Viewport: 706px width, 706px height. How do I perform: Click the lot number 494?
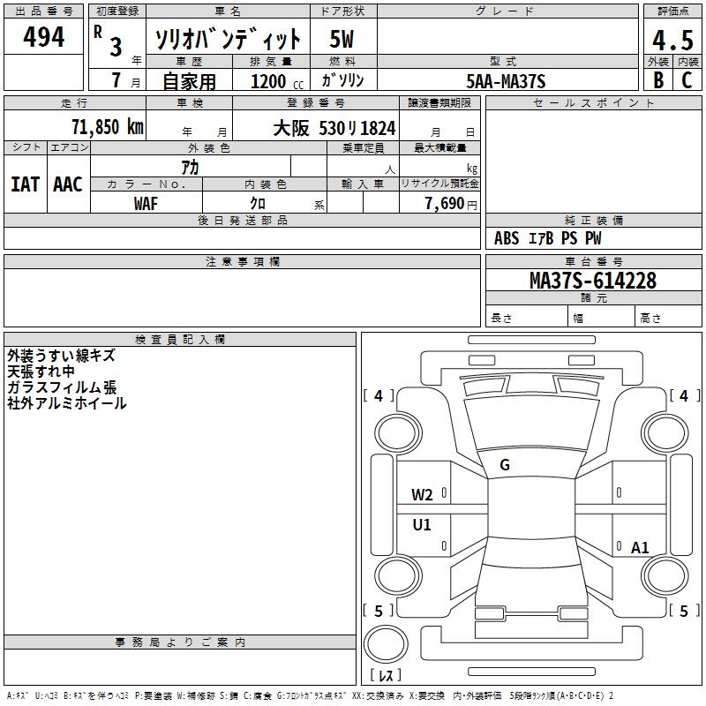click(43, 36)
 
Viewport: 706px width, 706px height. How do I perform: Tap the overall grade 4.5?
click(672, 40)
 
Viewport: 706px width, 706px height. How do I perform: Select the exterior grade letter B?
click(658, 80)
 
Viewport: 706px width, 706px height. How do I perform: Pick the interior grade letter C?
click(687, 80)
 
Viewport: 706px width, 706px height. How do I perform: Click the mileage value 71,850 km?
click(108, 126)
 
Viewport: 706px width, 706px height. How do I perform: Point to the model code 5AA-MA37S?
click(506, 81)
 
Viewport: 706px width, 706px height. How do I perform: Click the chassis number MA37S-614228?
click(593, 281)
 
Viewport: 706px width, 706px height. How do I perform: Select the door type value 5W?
click(342, 39)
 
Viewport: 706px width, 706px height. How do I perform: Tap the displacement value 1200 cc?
click(277, 81)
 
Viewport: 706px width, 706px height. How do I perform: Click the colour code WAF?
click(146, 204)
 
